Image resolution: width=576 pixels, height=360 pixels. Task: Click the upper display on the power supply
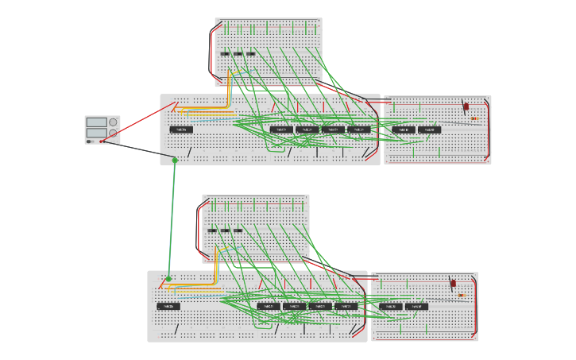pos(96,122)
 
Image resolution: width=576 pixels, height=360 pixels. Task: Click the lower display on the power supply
pos(96,133)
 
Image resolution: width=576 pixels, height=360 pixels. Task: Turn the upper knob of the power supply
pos(113,122)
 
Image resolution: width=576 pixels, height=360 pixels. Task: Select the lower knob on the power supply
pos(113,134)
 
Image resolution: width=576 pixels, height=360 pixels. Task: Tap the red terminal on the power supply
pos(101,141)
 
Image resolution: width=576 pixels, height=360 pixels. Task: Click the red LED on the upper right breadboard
pos(466,106)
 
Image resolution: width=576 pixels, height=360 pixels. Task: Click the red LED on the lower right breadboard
pos(453,283)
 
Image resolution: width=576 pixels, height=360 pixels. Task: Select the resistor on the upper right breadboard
pos(474,119)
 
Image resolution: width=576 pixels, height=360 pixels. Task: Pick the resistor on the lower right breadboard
pos(462,296)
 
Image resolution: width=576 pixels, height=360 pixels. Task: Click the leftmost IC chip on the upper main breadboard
pos(181,130)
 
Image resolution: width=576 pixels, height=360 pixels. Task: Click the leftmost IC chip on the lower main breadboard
pos(168,306)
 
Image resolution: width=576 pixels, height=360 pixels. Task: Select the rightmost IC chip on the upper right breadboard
pos(430,130)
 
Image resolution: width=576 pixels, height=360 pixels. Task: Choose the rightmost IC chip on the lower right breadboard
pos(417,306)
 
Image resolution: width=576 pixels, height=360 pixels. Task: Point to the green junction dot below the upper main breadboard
pos(175,161)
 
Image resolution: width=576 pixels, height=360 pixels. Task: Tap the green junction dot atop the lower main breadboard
pos(168,279)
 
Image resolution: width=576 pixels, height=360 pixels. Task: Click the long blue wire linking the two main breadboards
pos(172,219)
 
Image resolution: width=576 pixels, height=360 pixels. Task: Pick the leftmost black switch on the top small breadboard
pos(225,54)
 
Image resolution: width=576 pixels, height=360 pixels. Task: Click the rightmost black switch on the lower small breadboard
pos(238,230)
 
